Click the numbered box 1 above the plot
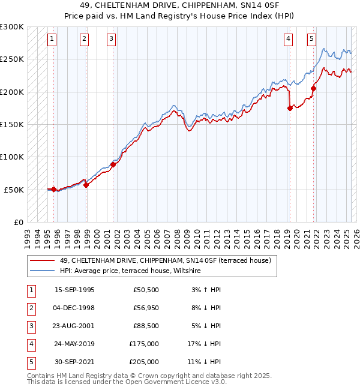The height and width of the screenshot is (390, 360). point(52,40)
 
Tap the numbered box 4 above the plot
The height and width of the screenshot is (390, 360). point(288,40)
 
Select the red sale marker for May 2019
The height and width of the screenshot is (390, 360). point(290,109)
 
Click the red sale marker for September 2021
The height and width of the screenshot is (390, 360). point(313,89)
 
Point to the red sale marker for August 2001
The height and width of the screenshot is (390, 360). point(113,164)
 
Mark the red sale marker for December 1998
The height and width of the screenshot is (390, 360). point(86,185)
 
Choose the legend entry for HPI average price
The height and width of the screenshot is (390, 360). point(130,271)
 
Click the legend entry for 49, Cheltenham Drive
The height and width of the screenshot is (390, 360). point(165,260)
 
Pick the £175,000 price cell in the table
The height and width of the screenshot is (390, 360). point(144,344)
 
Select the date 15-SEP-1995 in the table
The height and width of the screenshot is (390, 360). point(74,290)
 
